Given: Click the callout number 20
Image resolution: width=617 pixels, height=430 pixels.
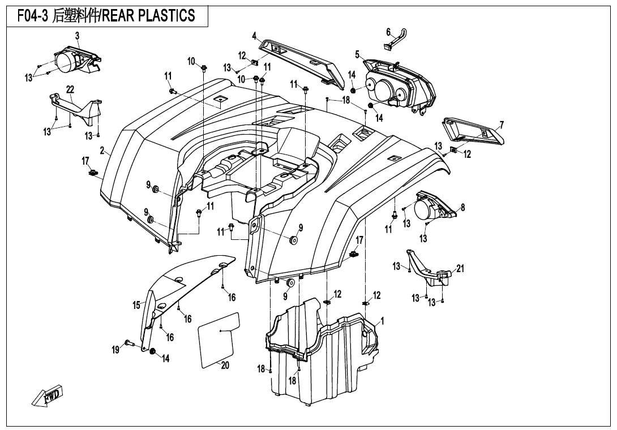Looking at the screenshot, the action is pos(225,365).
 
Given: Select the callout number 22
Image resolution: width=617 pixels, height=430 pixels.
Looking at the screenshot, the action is pos(70,89).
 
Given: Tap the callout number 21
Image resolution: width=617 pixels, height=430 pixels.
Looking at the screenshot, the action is pos(460,268).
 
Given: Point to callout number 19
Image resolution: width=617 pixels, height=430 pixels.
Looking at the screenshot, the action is pos(115,349).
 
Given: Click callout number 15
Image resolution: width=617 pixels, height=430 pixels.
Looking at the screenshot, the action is pos(136,305).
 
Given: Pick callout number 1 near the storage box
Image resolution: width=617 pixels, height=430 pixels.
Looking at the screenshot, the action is pos(382,321).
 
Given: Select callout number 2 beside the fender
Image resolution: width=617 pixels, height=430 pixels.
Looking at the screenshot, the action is pos(102,150).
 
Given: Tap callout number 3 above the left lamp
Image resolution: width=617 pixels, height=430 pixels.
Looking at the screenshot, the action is pos(77,36).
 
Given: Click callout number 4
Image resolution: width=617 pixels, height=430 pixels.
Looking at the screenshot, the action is pos(255,37).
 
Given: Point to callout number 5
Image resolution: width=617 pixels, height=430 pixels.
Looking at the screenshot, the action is pos(357,55).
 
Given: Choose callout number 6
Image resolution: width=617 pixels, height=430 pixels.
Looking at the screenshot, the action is pos(388,32).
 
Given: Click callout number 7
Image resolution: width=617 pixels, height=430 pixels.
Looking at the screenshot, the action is pos(502,126).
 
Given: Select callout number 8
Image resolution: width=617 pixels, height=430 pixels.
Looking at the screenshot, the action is pos(463,207).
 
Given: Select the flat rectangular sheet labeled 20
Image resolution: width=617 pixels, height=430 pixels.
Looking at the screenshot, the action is pos(219,340).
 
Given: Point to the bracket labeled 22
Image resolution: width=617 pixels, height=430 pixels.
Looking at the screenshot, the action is pos(75,108).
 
